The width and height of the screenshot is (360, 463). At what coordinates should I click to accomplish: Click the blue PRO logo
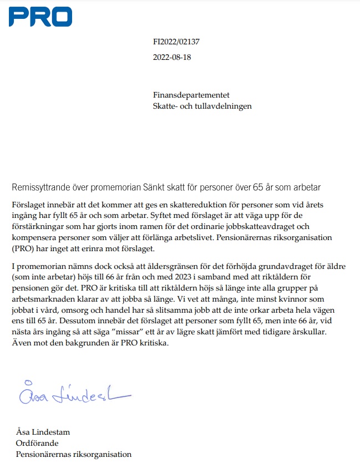40,16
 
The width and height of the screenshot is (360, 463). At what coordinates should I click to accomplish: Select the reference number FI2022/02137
176,42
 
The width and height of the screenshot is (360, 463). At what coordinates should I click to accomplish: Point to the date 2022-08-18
172,57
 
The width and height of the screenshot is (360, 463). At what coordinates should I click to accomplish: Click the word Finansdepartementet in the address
191,95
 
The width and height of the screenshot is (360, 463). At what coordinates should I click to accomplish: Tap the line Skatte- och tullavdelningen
202,105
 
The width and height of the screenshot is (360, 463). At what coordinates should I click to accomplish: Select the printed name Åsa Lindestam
43,432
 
